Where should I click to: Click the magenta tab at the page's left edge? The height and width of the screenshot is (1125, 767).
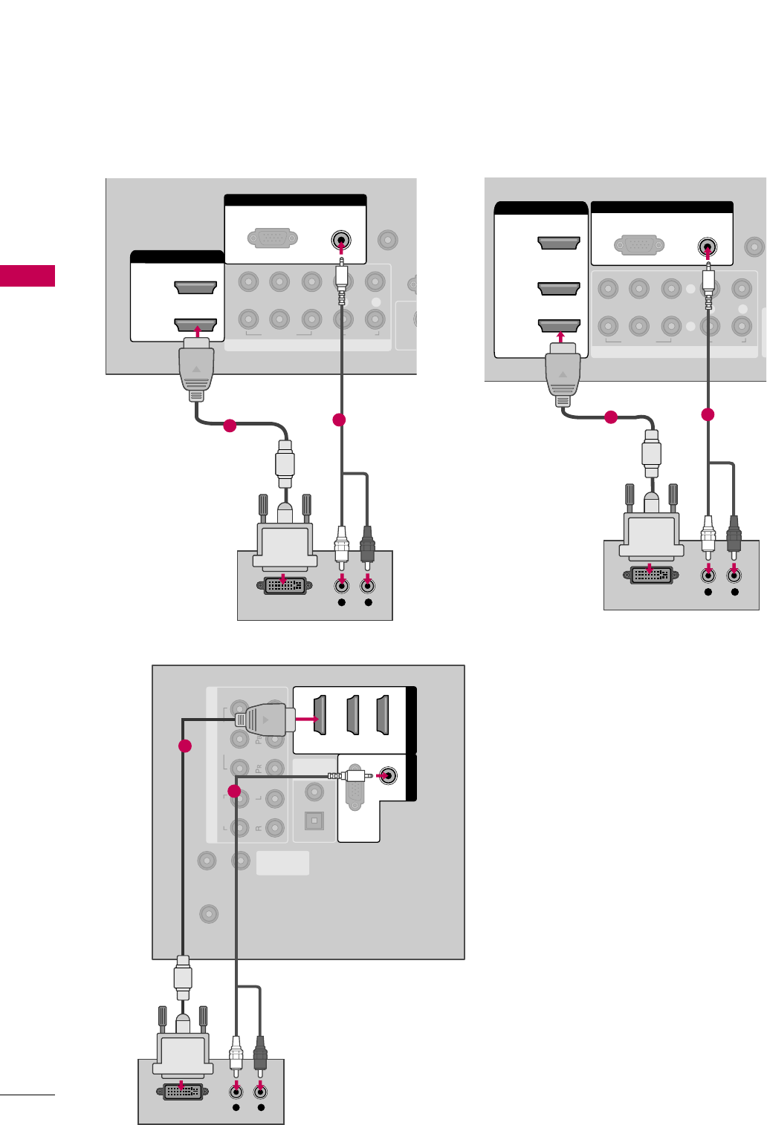[x=27, y=275]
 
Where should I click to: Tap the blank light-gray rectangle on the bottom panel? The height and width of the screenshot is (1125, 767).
[x=282, y=864]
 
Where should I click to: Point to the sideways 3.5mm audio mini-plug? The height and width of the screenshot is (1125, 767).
[x=350, y=776]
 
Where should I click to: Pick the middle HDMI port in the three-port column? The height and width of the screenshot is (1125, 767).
[x=559, y=288]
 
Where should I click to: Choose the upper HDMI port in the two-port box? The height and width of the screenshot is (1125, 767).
[x=195, y=287]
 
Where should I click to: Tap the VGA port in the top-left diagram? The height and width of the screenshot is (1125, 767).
[x=273, y=239]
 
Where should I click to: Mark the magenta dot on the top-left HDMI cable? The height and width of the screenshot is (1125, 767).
[x=230, y=425]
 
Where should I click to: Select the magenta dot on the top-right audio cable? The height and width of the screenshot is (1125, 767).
[x=708, y=414]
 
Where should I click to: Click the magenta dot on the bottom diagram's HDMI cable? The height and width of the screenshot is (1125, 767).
[x=185, y=746]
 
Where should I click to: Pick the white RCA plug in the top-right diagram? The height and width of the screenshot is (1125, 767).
[x=708, y=535]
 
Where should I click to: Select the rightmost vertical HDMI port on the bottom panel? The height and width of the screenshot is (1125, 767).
[x=383, y=714]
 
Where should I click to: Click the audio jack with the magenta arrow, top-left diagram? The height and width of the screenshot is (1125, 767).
[x=340, y=241]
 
